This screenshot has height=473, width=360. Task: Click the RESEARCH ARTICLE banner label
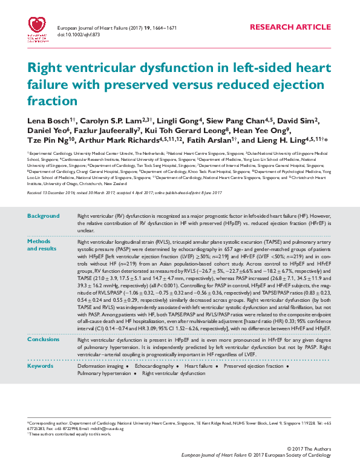[290, 28]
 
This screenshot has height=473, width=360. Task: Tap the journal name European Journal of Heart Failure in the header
[93, 28]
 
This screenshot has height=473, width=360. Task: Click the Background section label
[44, 216]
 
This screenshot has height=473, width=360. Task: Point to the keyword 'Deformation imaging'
[100, 367]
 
